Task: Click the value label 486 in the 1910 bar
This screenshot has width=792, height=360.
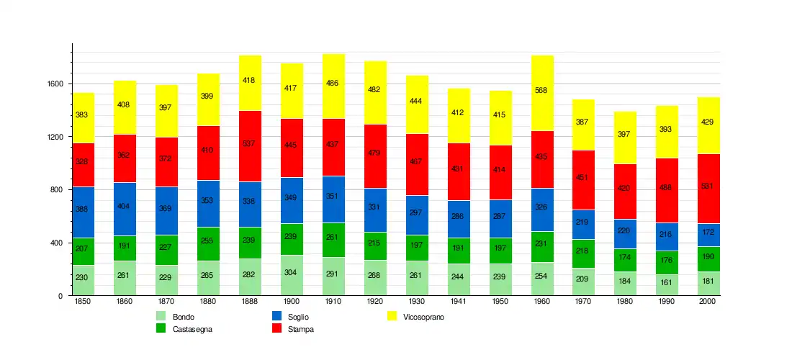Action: point(333,84)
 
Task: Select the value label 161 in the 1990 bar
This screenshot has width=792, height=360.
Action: point(667,283)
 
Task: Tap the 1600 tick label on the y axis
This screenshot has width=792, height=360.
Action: point(55,84)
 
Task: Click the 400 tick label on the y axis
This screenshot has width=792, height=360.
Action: point(57,243)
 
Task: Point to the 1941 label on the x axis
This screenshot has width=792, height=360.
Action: point(459,302)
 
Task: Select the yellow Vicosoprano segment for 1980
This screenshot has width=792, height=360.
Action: point(626,138)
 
